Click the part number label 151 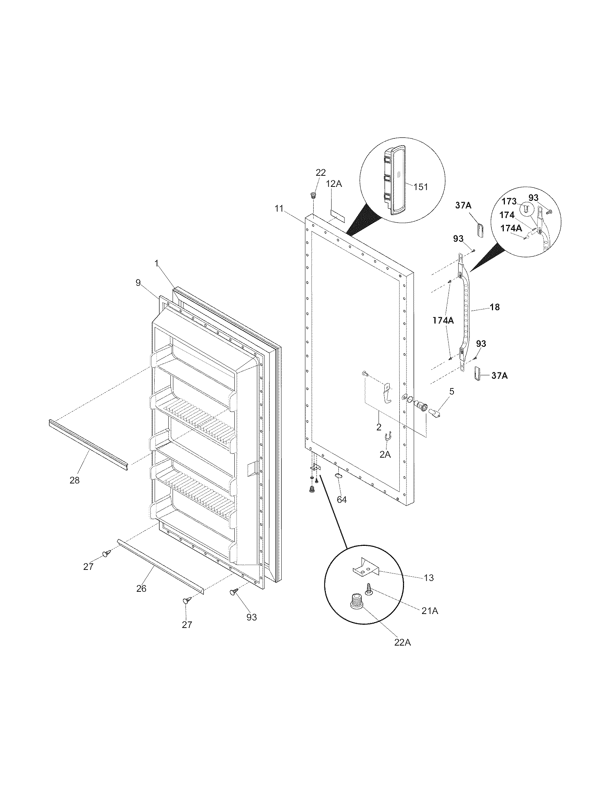(x=420, y=187)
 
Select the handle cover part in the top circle (x=395, y=180)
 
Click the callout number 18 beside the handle (x=494, y=307)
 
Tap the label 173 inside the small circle (x=509, y=202)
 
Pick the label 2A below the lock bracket (x=385, y=454)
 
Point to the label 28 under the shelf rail (x=74, y=480)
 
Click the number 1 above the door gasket (x=157, y=264)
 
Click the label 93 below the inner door (x=252, y=617)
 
